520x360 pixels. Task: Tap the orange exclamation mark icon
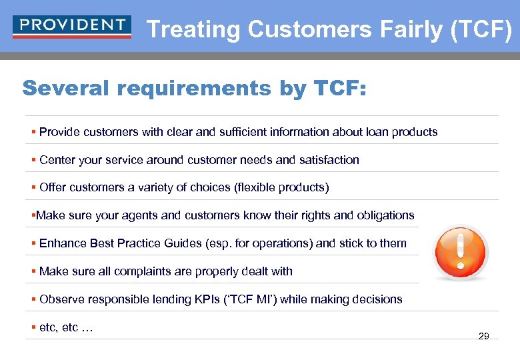pos(460,252)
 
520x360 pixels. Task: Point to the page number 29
pos(484,336)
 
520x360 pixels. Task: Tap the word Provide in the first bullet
pos(59,132)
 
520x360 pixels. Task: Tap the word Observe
pos(61,299)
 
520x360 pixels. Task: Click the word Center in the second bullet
pos(57,160)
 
